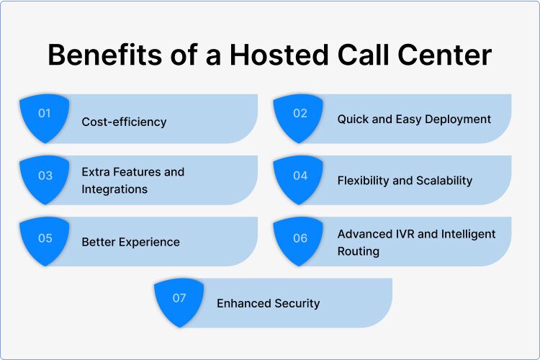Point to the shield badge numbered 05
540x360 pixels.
click(x=45, y=240)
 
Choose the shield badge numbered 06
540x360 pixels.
click(x=300, y=240)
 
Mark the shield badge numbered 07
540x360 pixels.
click(x=179, y=301)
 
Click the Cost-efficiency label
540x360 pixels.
click(x=124, y=122)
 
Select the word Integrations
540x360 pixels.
click(x=114, y=189)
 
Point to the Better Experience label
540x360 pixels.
click(x=130, y=242)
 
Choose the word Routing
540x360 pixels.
click(x=358, y=252)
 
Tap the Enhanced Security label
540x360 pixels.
click(x=268, y=303)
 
